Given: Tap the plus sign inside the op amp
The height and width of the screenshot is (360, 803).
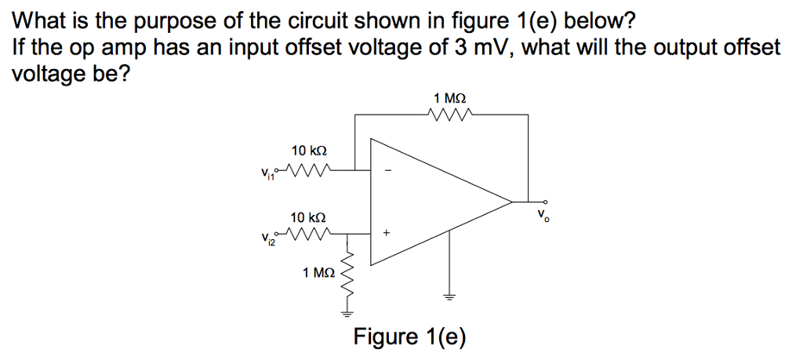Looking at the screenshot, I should pyautogui.click(x=386, y=234).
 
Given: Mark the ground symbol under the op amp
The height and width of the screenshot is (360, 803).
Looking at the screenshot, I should pyautogui.click(x=449, y=296).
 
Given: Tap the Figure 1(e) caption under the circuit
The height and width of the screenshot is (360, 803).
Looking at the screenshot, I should pyautogui.click(x=409, y=337).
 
